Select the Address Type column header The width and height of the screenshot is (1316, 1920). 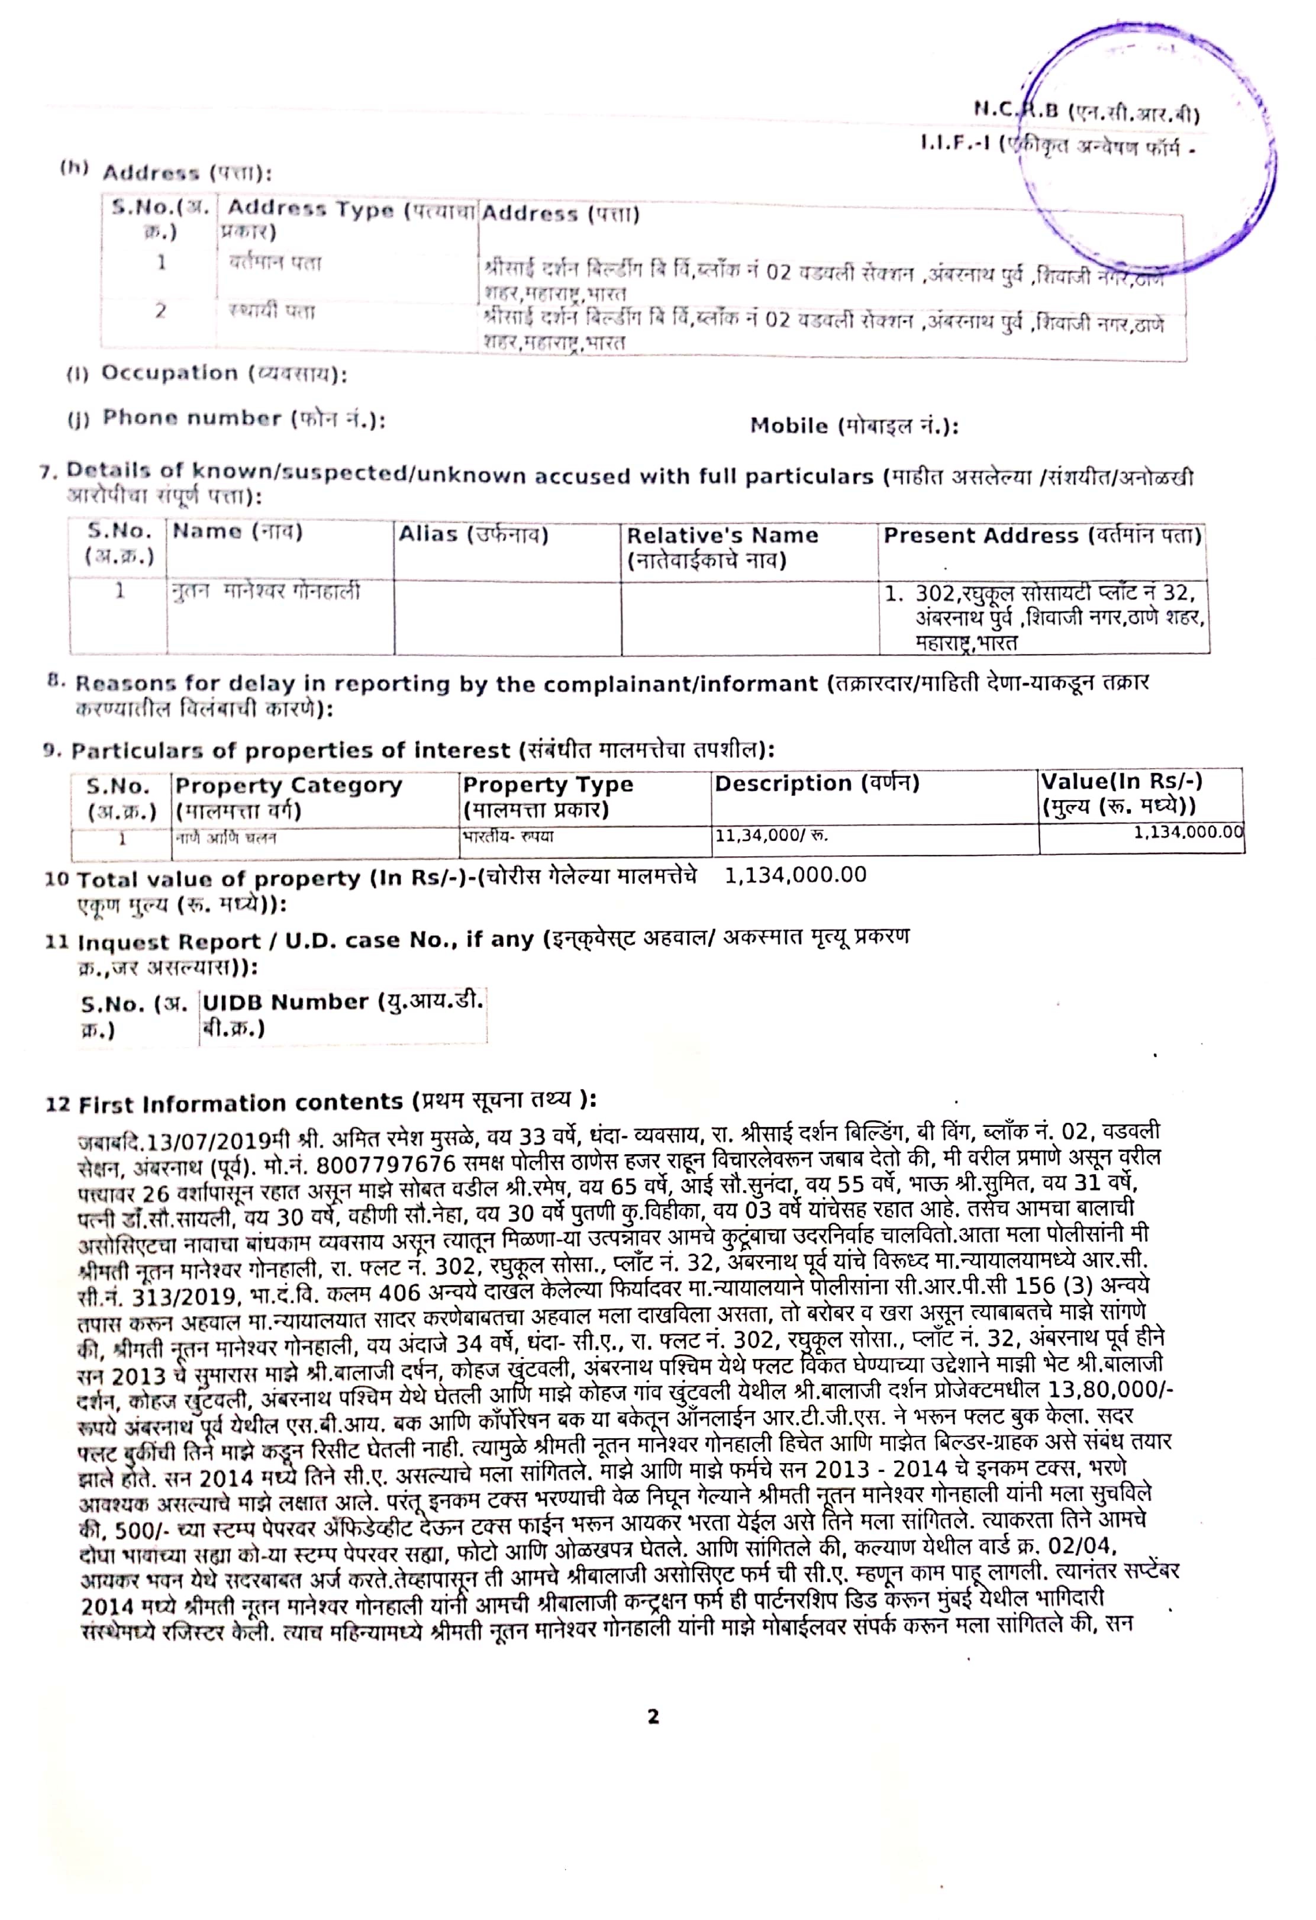coord(347,219)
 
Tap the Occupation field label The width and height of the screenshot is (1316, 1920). coord(207,373)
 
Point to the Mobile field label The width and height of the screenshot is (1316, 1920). coord(853,426)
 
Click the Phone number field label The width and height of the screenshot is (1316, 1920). coord(225,419)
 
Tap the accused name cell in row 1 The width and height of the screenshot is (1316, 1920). coord(266,591)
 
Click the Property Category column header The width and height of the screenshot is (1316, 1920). coord(288,797)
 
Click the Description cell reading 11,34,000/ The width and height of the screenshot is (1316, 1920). coord(771,836)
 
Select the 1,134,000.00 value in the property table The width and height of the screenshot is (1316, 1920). coord(1187,832)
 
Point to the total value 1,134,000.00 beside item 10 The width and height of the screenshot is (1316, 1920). coord(795,875)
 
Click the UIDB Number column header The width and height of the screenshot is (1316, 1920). coord(342,1014)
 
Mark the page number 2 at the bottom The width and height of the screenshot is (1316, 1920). coord(653,1717)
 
